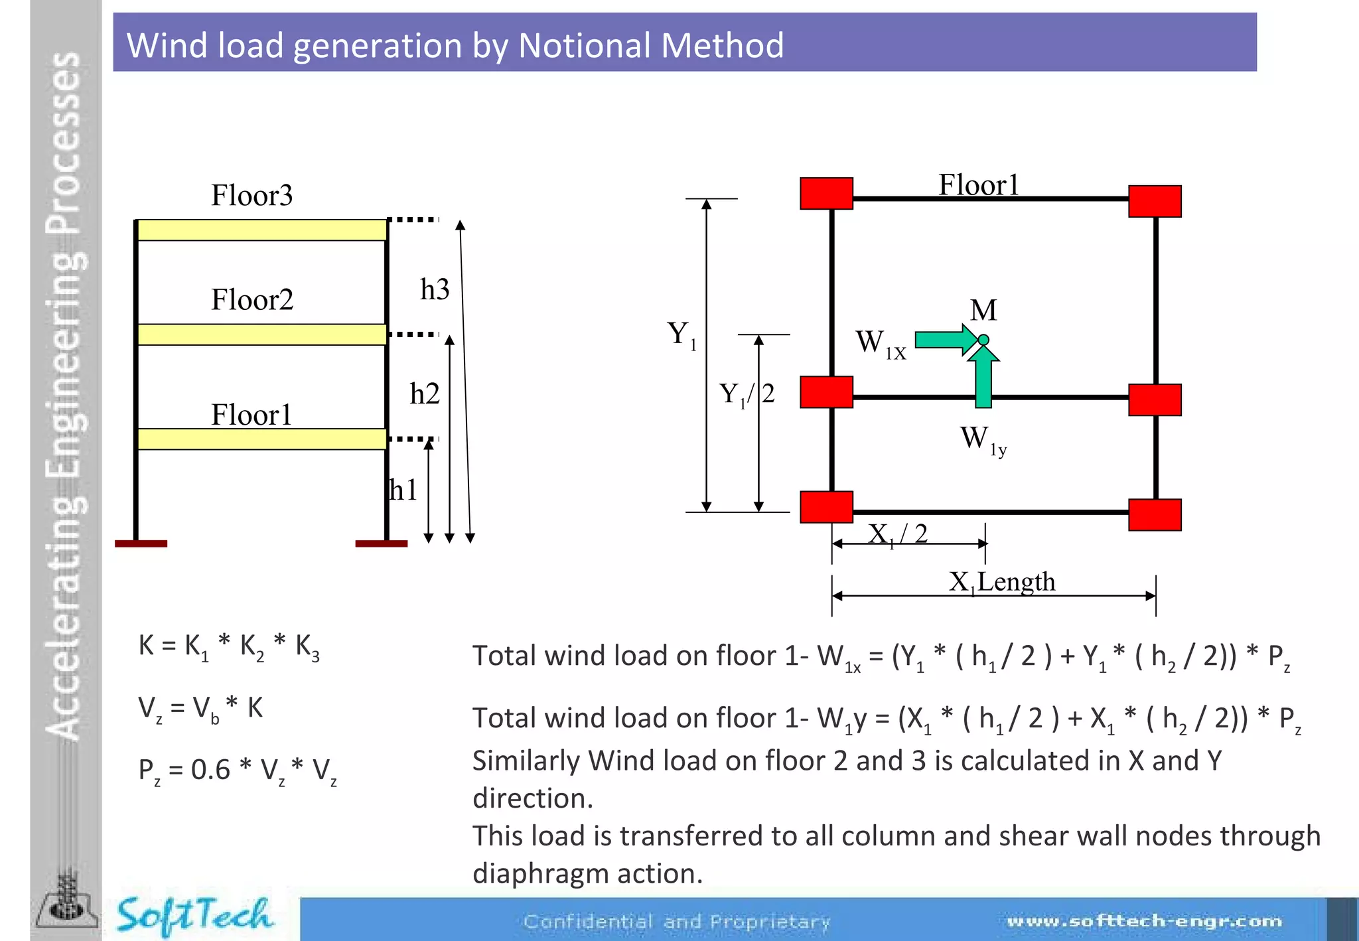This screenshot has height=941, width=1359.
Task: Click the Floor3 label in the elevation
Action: (x=251, y=196)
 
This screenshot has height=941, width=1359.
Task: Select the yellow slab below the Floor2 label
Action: (x=261, y=334)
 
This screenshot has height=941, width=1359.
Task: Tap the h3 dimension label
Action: (x=435, y=290)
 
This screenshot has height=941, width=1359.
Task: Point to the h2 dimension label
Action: (x=425, y=394)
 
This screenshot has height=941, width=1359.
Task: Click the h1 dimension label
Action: (x=403, y=490)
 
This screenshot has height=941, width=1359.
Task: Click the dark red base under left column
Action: (x=141, y=543)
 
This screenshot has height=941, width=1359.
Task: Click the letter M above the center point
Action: (x=983, y=310)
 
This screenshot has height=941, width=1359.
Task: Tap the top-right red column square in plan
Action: (x=1155, y=201)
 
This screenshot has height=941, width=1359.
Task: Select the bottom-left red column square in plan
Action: (x=826, y=507)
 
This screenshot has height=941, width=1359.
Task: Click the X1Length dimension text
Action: (x=1001, y=582)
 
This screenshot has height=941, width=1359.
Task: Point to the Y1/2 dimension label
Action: (x=747, y=394)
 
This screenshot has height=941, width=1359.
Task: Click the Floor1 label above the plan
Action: (x=978, y=185)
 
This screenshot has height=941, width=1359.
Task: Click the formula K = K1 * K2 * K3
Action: (x=229, y=646)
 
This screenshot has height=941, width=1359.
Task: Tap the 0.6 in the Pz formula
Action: (x=210, y=770)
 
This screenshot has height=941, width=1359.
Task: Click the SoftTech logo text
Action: (x=194, y=915)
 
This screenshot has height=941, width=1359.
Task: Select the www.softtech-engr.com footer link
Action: (x=1144, y=921)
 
